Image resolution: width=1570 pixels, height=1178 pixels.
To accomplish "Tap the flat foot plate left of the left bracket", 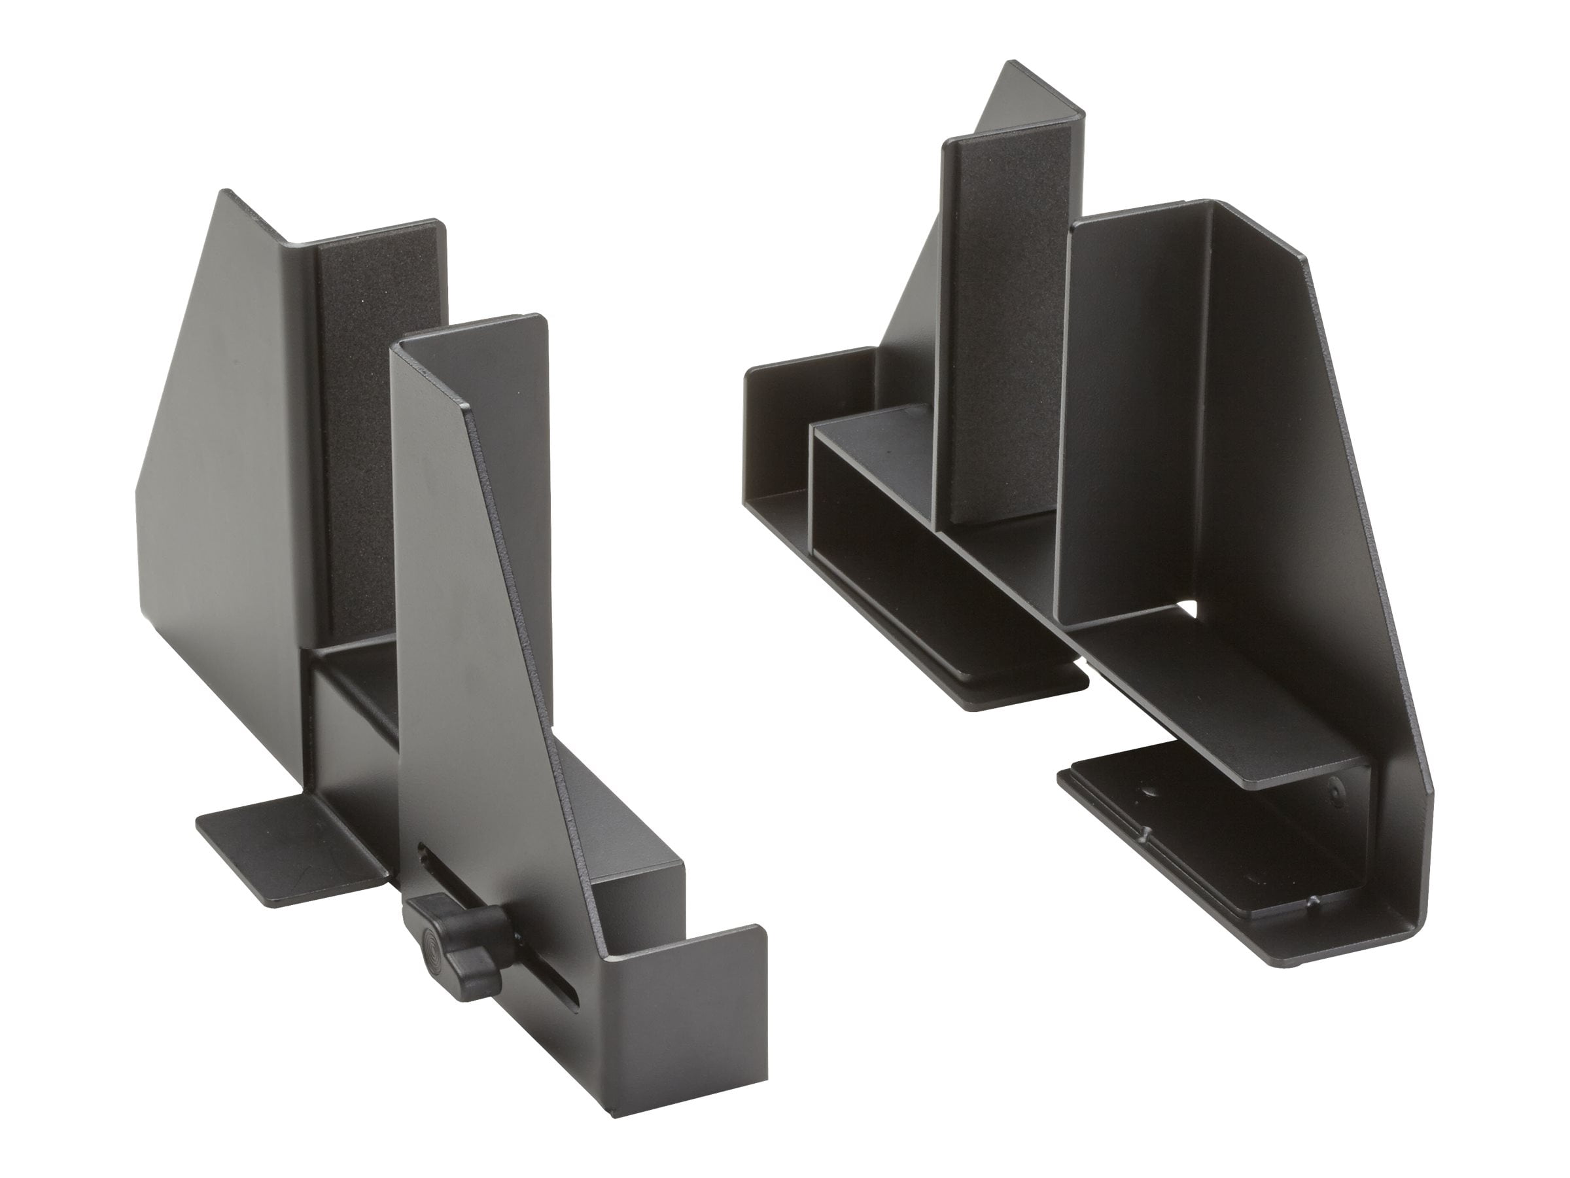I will pos(291,849).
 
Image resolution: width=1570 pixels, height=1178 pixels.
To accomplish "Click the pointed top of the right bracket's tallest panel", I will pos(1015,71).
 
